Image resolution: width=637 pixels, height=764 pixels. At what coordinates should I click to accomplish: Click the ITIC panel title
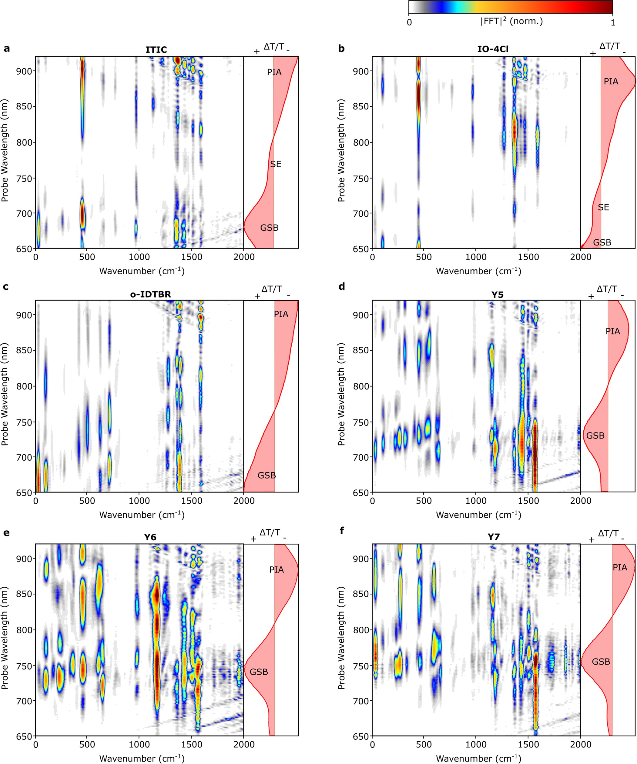coord(156,49)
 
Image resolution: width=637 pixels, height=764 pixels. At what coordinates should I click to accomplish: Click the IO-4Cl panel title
coord(493,49)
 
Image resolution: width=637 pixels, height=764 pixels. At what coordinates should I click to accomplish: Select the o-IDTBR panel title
coord(150,294)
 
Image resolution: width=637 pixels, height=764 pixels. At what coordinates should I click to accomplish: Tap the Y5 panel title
coord(497,294)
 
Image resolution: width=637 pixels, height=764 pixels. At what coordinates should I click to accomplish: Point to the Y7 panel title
coord(494,537)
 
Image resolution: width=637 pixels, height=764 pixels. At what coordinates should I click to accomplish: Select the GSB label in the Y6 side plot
coord(259,672)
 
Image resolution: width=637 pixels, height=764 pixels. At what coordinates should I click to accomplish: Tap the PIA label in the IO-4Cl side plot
coord(611,82)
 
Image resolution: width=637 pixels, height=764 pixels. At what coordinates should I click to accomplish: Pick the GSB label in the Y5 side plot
coord(595,435)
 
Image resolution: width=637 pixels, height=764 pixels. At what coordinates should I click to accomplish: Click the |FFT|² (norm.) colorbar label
coord(511,21)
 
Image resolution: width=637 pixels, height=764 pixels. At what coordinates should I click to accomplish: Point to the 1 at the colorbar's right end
coord(613,22)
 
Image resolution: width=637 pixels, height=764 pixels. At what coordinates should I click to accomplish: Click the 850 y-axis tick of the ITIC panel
coord(24,107)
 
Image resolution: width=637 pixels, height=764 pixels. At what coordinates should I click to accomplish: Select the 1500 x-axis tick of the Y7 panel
coord(528,744)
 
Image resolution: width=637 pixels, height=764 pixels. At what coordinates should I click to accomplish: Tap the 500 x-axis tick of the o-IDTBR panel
coord(87,501)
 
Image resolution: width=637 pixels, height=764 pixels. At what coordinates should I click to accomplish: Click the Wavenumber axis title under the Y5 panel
coord(478,515)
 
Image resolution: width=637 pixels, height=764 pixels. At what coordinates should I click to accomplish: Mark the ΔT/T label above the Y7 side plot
coord(608,533)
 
